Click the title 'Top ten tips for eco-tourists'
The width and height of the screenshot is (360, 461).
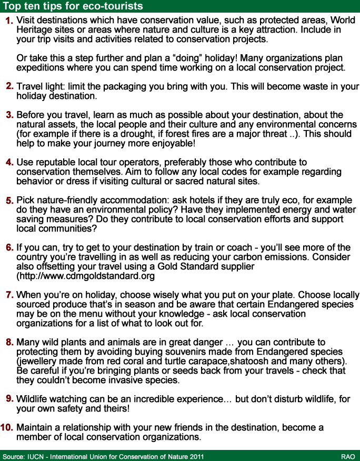pyautogui.click(x=73, y=6)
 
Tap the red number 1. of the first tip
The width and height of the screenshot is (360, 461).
pyautogui.click(x=9, y=21)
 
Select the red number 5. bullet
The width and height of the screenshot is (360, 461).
pyautogui.click(x=9, y=201)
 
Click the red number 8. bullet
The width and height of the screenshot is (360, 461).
pyautogui.click(x=9, y=342)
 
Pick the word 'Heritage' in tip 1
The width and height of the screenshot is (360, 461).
pyautogui.click(x=35, y=30)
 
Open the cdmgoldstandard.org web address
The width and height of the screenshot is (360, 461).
pyautogui.click(x=86, y=276)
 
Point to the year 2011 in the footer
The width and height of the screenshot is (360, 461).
pyautogui.click(x=195, y=456)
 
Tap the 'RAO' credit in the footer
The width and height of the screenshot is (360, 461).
pyautogui.click(x=347, y=456)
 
